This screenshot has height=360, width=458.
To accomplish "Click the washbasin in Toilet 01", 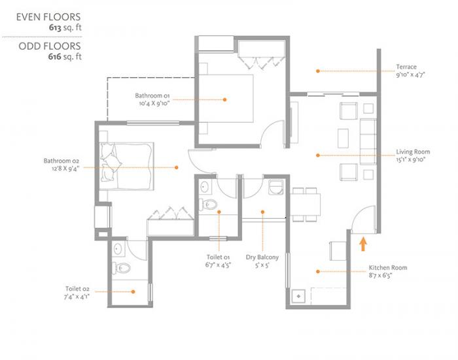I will click(x=204, y=187).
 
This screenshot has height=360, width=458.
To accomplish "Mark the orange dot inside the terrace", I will click(x=317, y=71).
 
